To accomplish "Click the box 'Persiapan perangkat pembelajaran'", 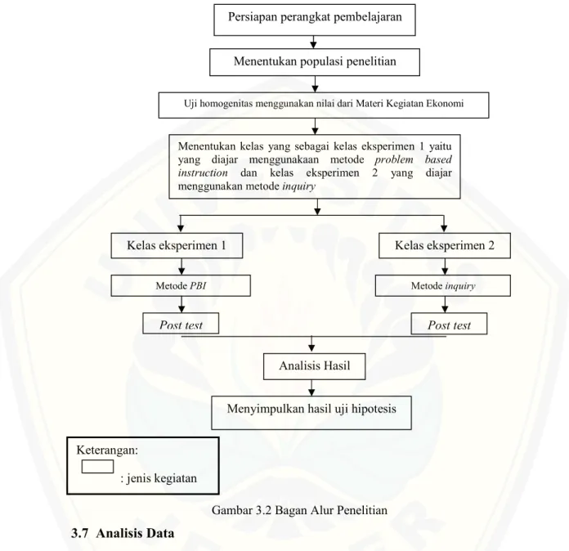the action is tap(315, 20).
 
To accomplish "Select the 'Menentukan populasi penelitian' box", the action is tap(315, 62).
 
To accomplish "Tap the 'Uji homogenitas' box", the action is tap(324, 105).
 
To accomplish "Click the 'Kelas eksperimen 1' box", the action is tap(177, 246).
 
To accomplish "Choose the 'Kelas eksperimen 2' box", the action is tap(445, 246).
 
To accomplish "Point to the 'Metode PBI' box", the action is tap(181, 285).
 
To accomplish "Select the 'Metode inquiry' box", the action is tap(443, 285).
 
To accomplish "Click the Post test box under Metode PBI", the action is tap(181, 324).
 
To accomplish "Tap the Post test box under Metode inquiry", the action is tap(449, 324).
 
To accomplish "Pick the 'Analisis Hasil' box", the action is tap(314, 366).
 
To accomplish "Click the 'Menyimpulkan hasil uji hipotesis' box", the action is tap(311, 413).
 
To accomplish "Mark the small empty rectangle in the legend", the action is tap(97, 467).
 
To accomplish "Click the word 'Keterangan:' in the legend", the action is tap(107, 450).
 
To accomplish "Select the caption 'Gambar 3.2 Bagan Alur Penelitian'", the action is tap(299, 510).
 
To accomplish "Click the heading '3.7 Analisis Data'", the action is tap(123, 533).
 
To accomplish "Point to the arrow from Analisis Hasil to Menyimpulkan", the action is tap(311, 388).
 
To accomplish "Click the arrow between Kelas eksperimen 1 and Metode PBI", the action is tap(181, 267).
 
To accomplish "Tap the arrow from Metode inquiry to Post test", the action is tap(445, 305).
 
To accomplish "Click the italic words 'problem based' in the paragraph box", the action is tap(414, 159).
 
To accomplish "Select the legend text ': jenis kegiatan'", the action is tap(159, 478).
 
